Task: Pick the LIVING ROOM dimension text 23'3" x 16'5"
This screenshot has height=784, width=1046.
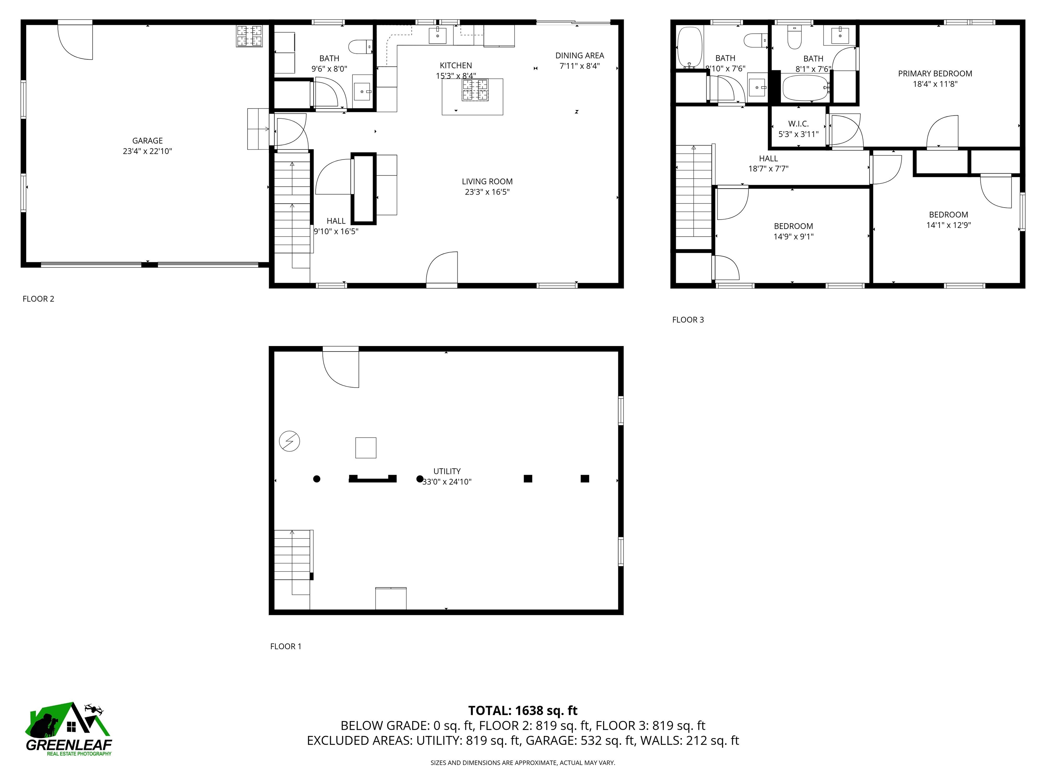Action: tap(487, 192)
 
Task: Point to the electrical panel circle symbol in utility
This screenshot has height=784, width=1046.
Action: tap(289, 441)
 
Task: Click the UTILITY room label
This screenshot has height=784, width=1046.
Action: tap(446, 471)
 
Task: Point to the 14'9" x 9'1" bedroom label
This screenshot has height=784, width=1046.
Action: tap(793, 226)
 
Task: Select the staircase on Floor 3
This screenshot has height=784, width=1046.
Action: tap(693, 196)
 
